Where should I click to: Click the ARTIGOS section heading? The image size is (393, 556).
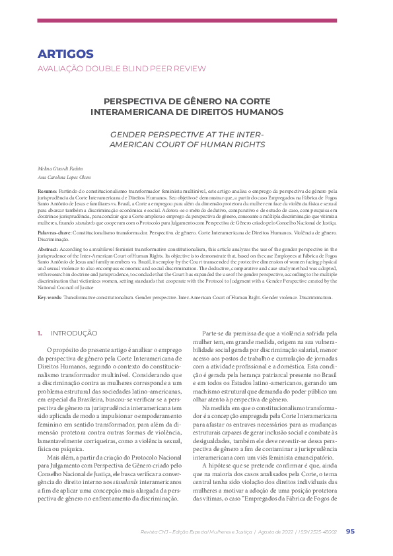tap(65, 54)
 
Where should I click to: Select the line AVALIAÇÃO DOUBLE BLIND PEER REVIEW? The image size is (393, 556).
tap(122, 69)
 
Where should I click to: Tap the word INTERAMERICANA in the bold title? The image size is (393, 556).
tap(149, 112)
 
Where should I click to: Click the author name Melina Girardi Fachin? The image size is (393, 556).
tap(60, 169)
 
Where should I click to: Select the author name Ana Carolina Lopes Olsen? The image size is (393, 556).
tap(64, 177)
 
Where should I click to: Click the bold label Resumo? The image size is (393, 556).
tap(47, 190)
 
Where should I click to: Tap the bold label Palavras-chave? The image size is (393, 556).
tap(54, 234)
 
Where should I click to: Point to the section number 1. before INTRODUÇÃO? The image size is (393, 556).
tap(40, 333)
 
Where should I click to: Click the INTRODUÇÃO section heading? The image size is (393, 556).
tap(74, 333)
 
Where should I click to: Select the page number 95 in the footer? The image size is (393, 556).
tap(350, 532)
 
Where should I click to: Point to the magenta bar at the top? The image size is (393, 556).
tap(196, 20)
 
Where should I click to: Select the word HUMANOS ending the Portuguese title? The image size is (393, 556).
tap(262, 112)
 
